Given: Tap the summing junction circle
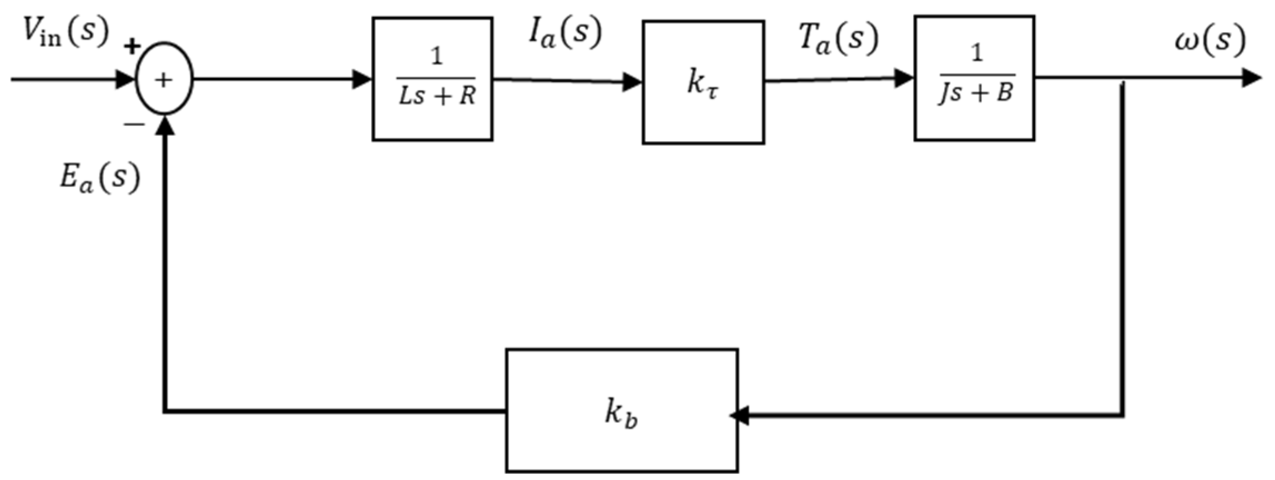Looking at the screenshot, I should tap(164, 79).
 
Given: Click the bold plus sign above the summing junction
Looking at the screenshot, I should tap(132, 47).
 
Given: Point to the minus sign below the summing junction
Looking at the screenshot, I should tap(134, 124).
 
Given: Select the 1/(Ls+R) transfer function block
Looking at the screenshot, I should tap(432, 79).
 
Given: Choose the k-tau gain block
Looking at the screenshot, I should tap(703, 83).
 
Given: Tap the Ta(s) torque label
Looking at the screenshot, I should tap(838, 39).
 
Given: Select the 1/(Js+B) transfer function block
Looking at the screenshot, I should tap(974, 78).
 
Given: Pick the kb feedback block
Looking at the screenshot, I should tap(622, 411).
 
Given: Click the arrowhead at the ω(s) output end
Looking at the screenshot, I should tap(1251, 78).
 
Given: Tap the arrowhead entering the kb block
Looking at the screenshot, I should tap(740, 414).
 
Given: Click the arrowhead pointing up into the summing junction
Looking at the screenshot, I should tap(164, 126).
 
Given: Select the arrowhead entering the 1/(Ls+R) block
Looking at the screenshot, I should tap(362, 79).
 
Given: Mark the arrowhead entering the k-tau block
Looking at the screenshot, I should tap(632, 82).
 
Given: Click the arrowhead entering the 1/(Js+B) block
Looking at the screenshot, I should tap(904, 78).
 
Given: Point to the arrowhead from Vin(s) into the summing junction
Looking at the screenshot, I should tap(125, 79).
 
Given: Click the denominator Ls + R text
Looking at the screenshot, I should tap(437, 96).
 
